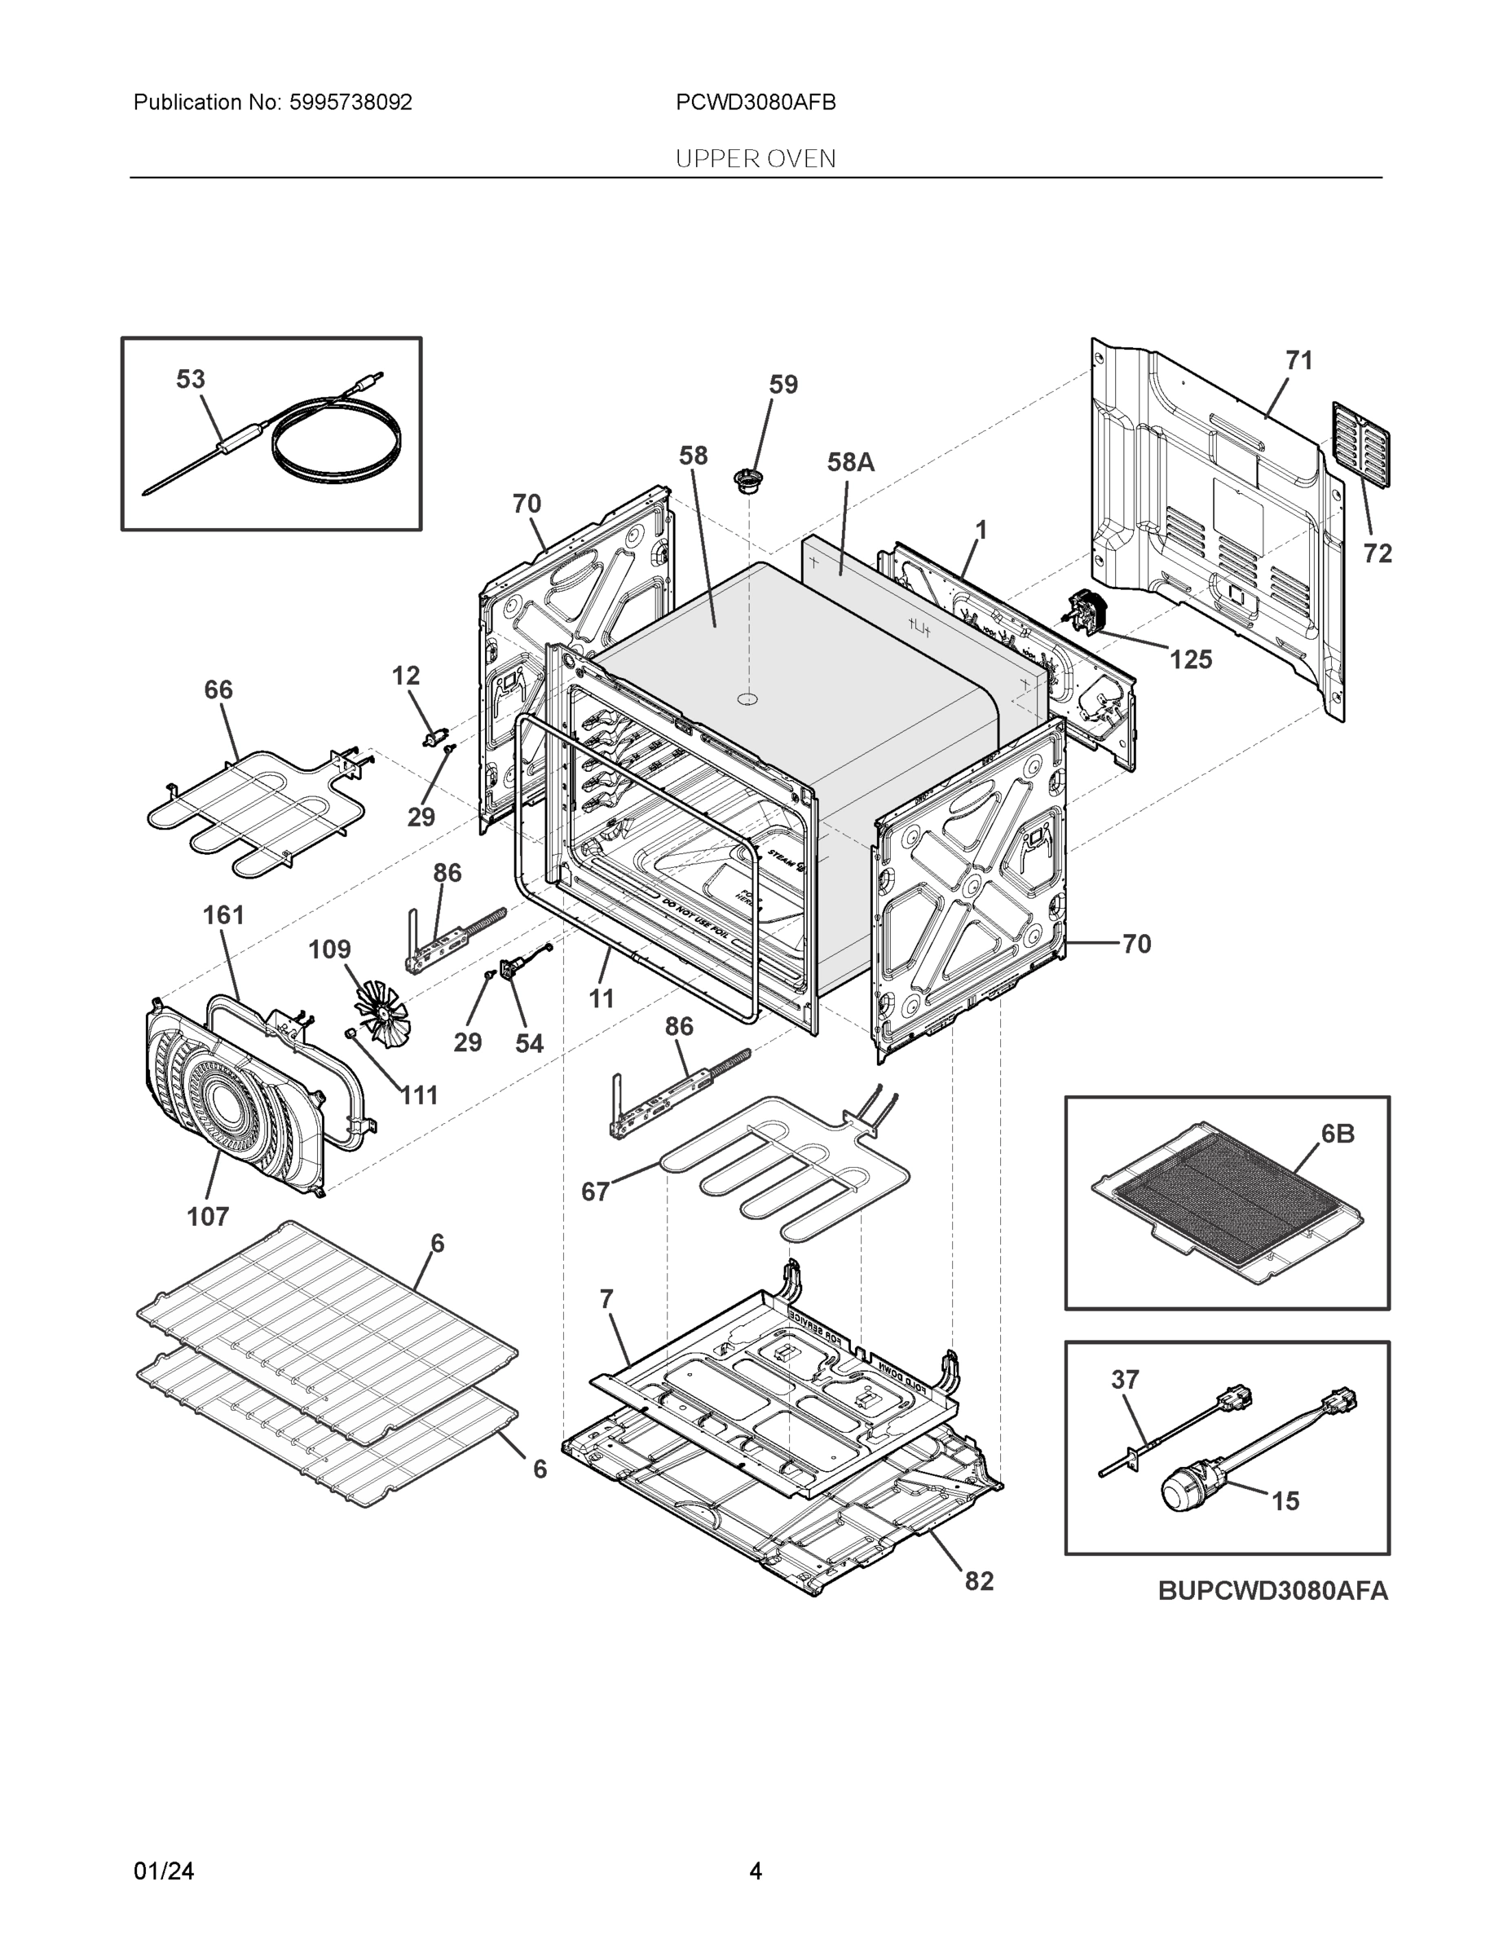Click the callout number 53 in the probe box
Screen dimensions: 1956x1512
[190, 380]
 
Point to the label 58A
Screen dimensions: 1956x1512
[850, 463]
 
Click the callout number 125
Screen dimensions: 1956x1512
[1190, 660]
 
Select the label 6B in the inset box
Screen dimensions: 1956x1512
[1338, 1134]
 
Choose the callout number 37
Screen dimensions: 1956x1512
[1125, 1379]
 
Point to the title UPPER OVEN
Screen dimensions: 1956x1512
[755, 160]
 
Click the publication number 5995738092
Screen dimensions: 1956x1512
[350, 103]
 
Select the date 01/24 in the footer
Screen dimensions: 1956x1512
[164, 1871]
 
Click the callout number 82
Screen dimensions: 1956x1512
[979, 1582]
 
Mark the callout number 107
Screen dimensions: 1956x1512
[207, 1216]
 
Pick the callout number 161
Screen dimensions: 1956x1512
[223, 915]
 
